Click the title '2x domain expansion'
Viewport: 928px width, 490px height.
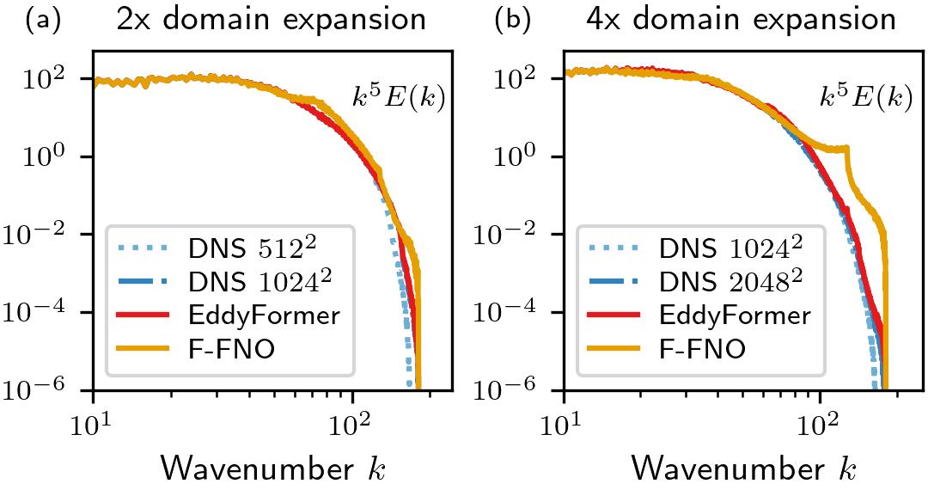[271, 20]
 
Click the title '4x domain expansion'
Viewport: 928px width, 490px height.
[740, 20]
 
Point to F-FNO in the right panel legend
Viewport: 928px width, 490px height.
[700, 348]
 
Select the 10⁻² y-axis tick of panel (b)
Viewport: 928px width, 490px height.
[524, 234]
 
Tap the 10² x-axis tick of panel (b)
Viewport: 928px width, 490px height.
[821, 423]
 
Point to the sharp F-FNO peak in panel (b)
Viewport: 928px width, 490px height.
[848, 149]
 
